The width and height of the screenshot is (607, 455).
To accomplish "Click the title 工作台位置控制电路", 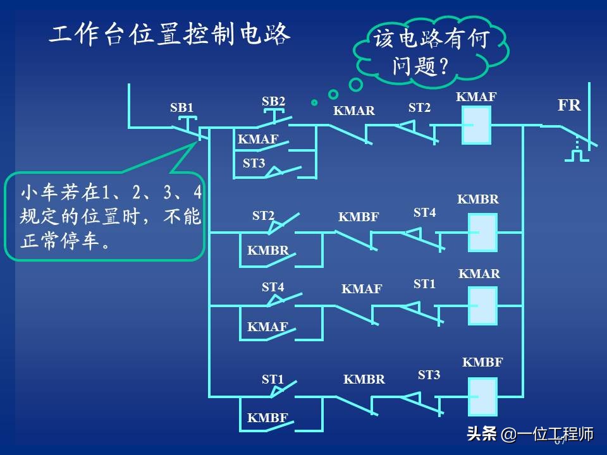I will pyautogui.click(x=169, y=36).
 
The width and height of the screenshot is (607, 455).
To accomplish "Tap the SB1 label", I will pyautogui.click(x=181, y=107).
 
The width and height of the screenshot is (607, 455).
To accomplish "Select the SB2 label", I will pyautogui.click(x=273, y=101).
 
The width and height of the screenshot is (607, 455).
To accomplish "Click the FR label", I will pyautogui.click(x=568, y=106).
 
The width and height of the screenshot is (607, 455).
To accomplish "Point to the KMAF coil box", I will pyautogui.click(x=476, y=125).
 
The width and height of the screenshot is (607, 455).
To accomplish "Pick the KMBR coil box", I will pyautogui.click(x=482, y=232).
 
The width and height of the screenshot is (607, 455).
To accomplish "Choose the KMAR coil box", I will pyautogui.click(x=482, y=305).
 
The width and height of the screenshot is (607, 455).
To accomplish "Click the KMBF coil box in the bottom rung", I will pyautogui.click(x=482, y=396).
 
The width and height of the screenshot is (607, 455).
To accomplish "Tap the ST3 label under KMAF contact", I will pyautogui.click(x=254, y=163).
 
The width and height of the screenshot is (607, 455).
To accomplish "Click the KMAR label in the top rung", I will pyautogui.click(x=354, y=111).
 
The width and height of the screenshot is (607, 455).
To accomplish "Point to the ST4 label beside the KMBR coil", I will pyautogui.click(x=424, y=213).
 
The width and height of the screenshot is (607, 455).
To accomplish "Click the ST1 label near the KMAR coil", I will pyautogui.click(x=424, y=284).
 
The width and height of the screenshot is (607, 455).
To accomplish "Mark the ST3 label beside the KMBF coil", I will pyautogui.click(x=429, y=375).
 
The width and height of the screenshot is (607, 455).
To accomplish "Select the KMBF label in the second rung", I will pyautogui.click(x=359, y=217).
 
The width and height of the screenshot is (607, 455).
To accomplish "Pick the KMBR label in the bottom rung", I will pyautogui.click(x=364, y=380).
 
